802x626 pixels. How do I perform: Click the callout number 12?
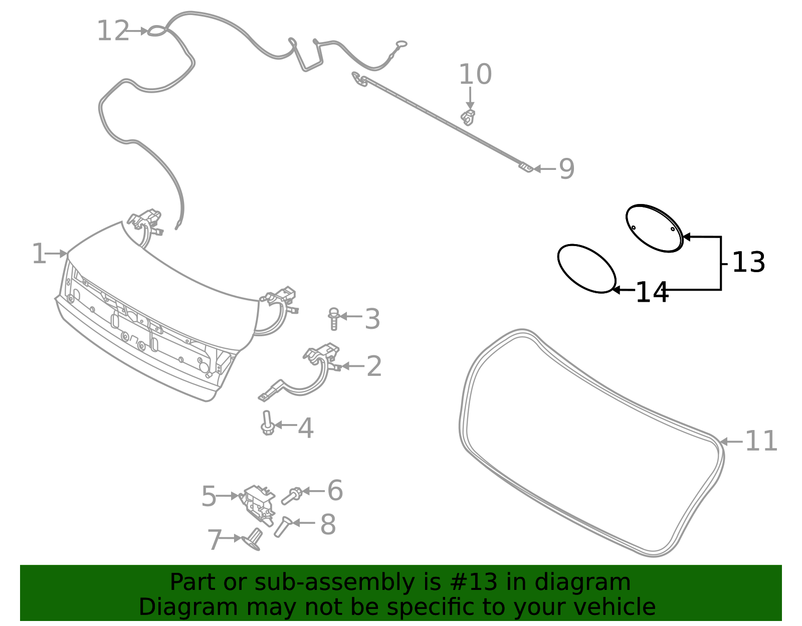point(113,31)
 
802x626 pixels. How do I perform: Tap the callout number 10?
point(475,75)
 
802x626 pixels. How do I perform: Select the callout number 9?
point(566,169)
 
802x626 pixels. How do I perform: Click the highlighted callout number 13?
point(748,262)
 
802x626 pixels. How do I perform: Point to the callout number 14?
point(651,293)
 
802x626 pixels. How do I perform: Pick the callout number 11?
point(761,442)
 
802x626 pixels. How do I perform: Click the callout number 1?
point(39,254)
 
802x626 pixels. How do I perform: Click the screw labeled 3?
point(334,319)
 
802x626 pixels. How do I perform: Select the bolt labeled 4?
point(267,424)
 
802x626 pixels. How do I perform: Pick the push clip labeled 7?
point(253,540)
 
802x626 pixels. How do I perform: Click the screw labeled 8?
point(282,526)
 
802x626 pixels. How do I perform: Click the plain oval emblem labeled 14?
point(586,269)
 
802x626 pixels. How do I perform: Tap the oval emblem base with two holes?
point(654,228)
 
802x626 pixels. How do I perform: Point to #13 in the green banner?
point(474,582)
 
